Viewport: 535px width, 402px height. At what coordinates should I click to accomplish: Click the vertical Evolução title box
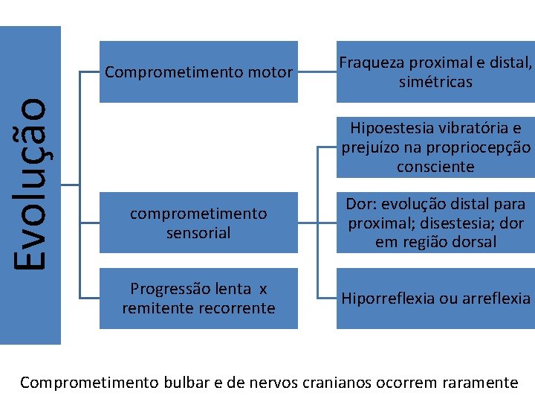[x=30, y=185]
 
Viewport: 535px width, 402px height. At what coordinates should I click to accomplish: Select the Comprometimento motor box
[x=198, y=72]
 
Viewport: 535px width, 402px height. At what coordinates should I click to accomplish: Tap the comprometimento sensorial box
[x=198, y=223]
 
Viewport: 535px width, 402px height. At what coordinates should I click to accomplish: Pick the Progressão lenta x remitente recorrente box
[x=198, y=299]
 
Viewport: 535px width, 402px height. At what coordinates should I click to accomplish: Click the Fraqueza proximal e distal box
[x=435, y=72]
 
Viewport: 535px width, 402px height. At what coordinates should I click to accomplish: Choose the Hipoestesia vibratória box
[x=435, y=147]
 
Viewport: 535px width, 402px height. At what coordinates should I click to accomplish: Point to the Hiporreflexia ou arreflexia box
[x=435, y=299]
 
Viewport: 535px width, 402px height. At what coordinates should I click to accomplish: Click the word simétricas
[x=435, y=82]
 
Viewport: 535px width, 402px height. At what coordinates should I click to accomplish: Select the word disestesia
[x=451, y=223]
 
